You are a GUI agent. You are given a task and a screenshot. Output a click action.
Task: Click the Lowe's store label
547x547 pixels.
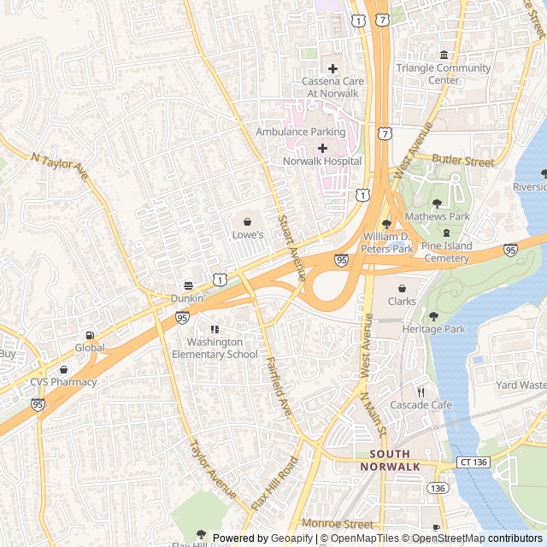pyautogui.click(x=248, y=234)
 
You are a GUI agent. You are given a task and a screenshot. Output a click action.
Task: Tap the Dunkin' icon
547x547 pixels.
pyautogui.click(x=188, y=285)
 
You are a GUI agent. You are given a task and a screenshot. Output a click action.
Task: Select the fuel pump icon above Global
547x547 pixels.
pyautogui.click(x=90, y=335)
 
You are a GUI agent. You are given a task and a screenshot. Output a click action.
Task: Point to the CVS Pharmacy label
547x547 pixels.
pyautogui.click(x=63, y=382)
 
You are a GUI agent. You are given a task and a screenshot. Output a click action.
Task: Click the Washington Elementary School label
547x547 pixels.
pyautogui.click(x=215, y=348)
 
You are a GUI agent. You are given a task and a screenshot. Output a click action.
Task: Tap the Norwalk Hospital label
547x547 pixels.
pyautogui.click(x=321, y=161)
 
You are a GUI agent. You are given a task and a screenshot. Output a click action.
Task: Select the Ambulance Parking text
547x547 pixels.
pyautogui.click(x=301, y=132)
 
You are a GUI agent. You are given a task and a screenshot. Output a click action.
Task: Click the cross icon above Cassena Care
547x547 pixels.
pyautogui.click(x=332, y=68)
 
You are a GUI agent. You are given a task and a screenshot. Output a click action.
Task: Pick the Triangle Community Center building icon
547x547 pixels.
pyautogui.click(x=443, y=56)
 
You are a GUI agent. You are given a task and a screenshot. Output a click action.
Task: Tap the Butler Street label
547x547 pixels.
pyautogui.click(x=463, y=160)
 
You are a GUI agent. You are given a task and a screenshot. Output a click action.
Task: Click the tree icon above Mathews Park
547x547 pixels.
pyautogui.click(x=438, y=203)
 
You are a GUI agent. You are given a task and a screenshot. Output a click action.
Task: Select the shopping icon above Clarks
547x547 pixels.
pyautogui.click(x=402, y=289)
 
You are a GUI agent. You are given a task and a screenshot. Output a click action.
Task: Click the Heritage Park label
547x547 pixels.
pyautogui.click(x=433, y=329)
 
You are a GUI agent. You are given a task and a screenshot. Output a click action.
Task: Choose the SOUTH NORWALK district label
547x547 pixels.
pyautogui.click(x=390, y=460)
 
